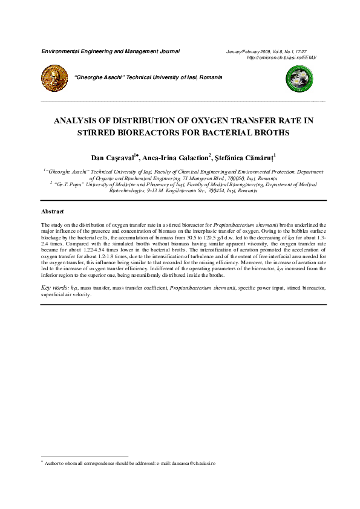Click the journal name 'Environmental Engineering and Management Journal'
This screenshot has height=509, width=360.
tap(110, 51)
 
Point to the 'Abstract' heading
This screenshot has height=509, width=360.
tap(52, 212)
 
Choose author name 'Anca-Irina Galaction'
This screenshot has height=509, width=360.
tap(175, 158)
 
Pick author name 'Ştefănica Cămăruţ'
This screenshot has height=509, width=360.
tap(245, 158)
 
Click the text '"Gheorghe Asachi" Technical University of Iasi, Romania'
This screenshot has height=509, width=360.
tap(148, 77)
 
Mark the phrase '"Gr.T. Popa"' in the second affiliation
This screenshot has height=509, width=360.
tap(68, 184)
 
